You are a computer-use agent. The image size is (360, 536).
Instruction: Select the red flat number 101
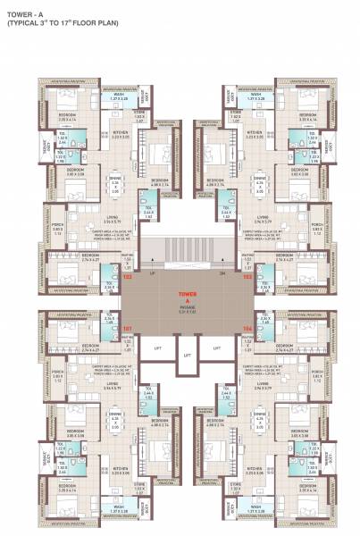click(127, 328)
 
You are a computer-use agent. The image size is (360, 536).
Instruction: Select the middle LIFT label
click(186, 355)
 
